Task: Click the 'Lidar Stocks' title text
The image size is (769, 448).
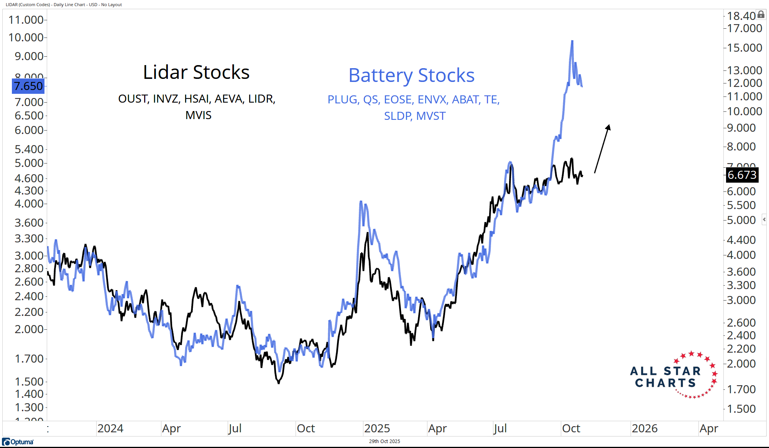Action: point(196,72)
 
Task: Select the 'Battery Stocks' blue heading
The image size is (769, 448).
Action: point(411,75)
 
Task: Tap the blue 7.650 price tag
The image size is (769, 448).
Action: point(28,86)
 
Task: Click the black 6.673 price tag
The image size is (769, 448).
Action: point(742,175)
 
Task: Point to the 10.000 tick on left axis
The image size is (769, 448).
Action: point(26,38)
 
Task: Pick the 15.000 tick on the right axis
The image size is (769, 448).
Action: point(744,48)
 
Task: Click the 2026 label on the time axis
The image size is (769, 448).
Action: point(644,428)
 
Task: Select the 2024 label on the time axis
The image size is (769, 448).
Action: point(110,428)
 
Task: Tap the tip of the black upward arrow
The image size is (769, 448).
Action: point(609,126)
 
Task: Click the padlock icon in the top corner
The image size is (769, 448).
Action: point(761,15)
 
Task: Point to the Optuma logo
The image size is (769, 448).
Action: point(18,442)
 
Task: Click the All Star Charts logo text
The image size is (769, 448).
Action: point(665,377)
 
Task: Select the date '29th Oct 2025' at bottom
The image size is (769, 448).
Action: point(384,441)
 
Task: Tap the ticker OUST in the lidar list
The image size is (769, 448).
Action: point(133,99)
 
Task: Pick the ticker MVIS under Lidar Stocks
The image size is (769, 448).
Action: point(198,115)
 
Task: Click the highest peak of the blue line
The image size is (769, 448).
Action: point(572,41)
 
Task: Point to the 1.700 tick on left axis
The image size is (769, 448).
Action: point(29,359)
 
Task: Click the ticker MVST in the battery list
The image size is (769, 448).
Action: point(431,116)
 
